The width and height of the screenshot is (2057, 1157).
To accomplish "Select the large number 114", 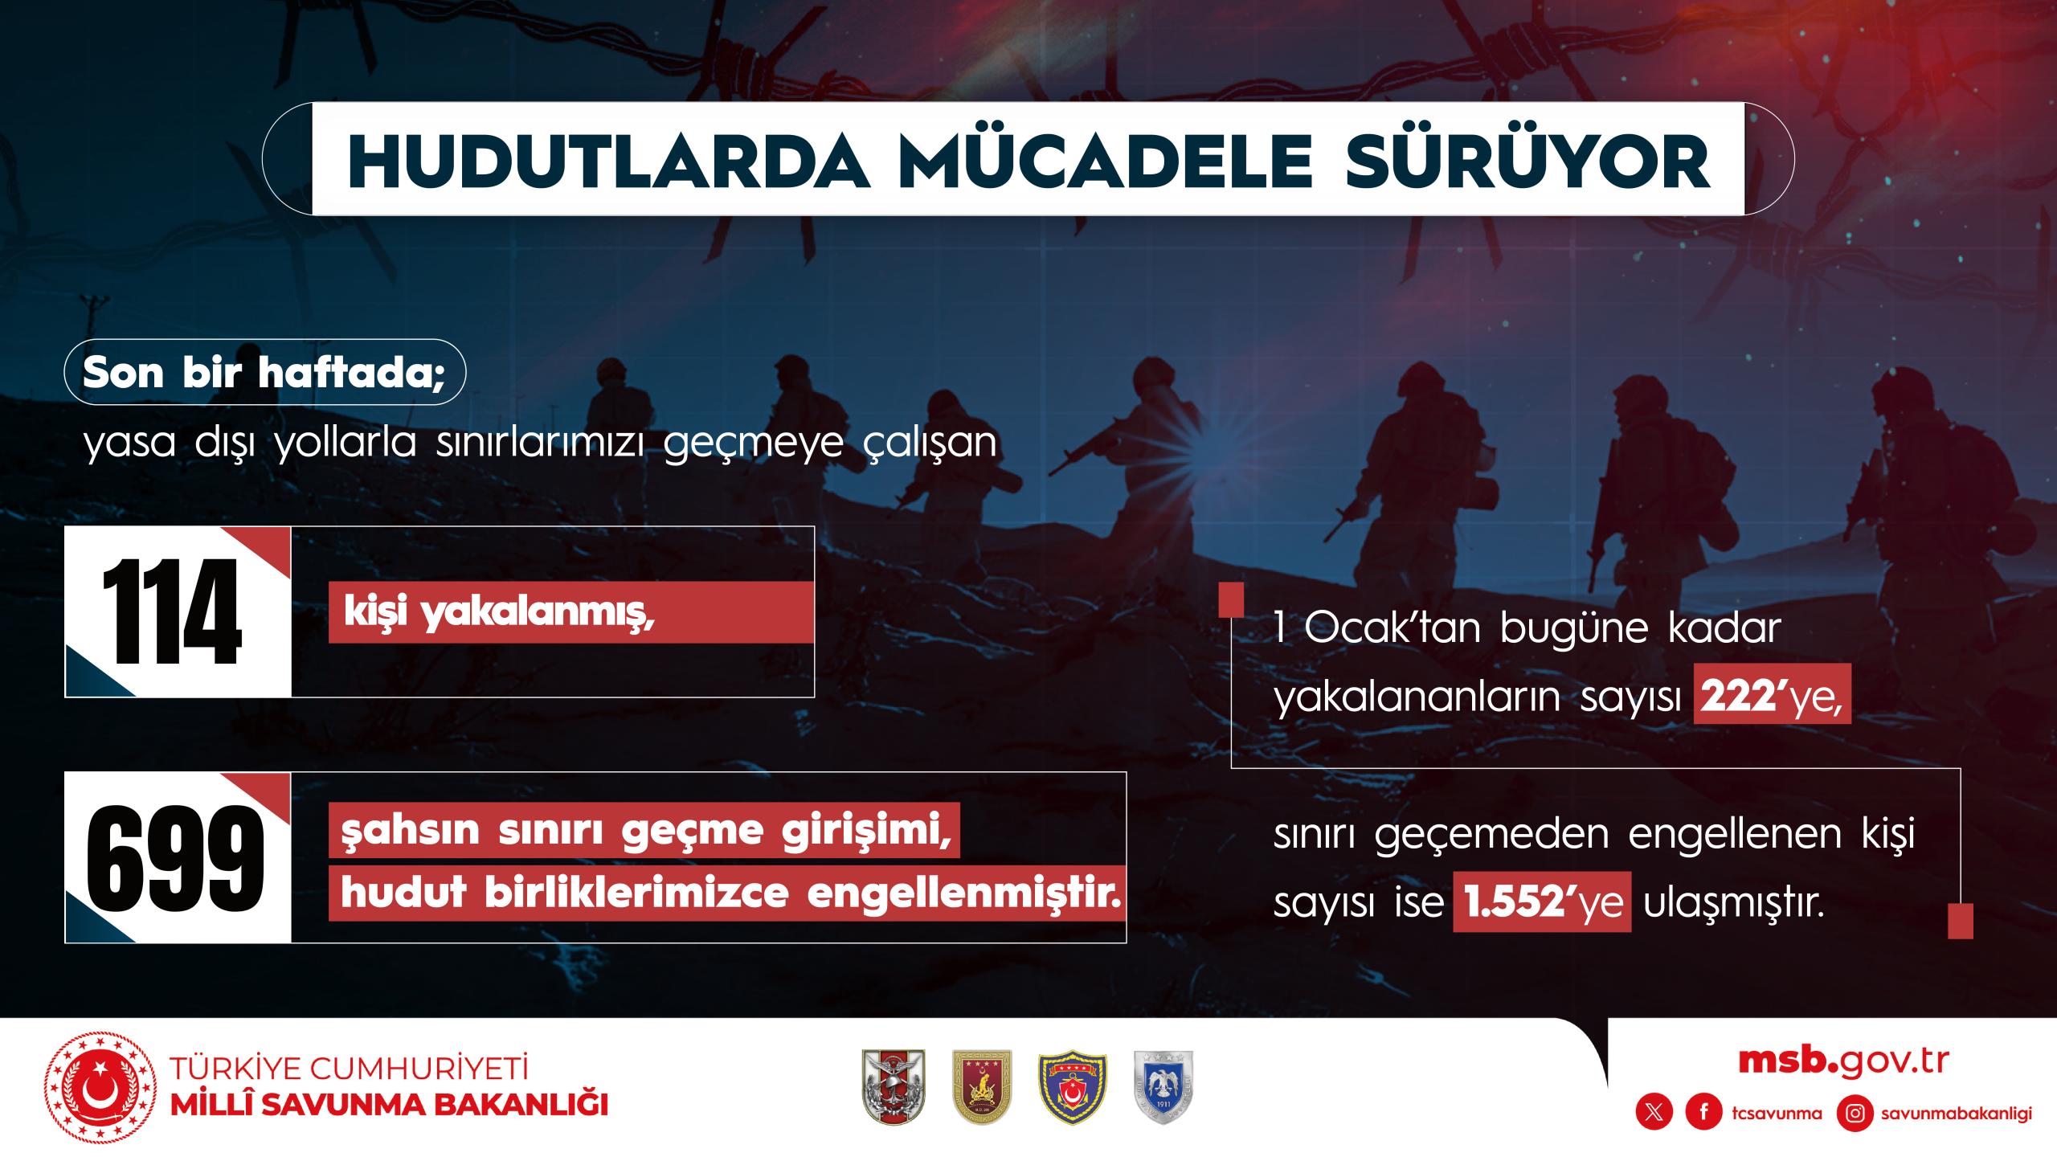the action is click(171, 611).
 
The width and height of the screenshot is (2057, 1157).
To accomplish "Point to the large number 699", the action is click(175, 857).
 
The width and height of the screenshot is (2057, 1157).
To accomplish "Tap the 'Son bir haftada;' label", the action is click(264, 371).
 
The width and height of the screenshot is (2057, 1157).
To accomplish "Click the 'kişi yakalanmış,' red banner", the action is click(571, 612).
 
